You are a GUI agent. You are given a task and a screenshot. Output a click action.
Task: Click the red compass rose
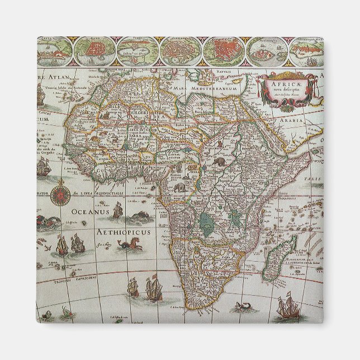coord(57,196)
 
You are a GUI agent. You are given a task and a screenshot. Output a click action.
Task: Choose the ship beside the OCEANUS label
coord(117,211)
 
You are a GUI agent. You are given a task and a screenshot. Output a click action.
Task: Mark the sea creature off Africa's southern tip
coord(244,306)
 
